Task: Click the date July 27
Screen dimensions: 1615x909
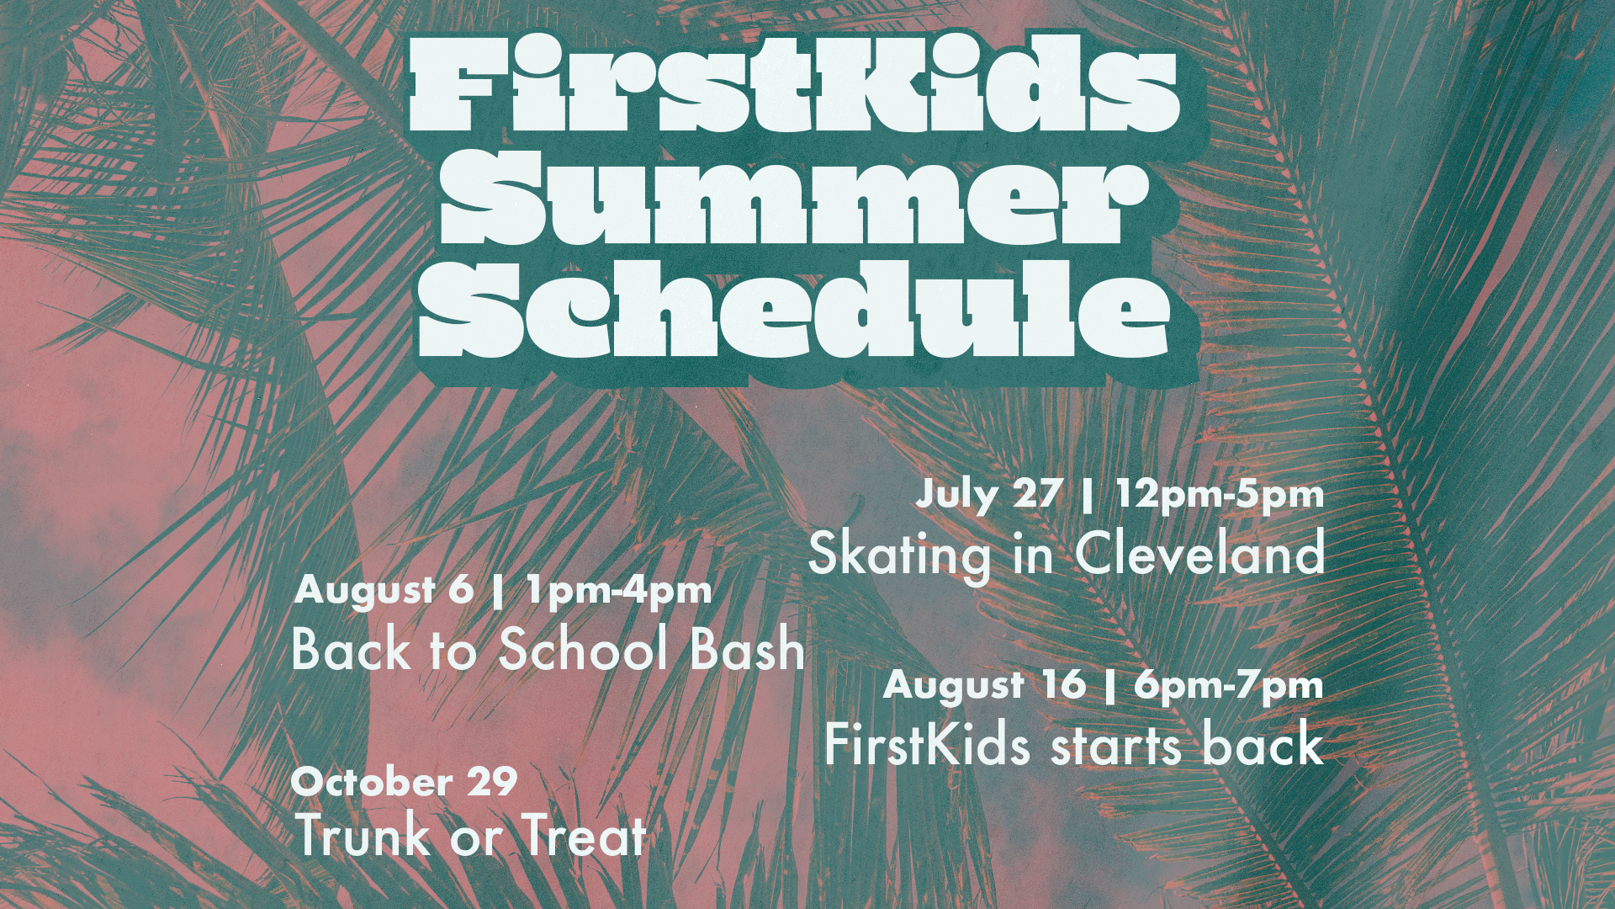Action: (988, 495)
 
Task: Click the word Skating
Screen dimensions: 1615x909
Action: (899, 555)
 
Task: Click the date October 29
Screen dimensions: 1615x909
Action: (404, 782)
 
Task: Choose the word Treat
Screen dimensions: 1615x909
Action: (585, 835)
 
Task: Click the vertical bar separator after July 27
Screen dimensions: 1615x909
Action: (1088, 495)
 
